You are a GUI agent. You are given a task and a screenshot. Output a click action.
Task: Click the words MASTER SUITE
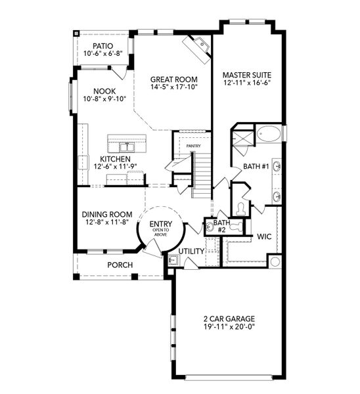point(246,74)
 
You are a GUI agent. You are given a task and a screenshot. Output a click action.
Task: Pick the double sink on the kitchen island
point(122,146)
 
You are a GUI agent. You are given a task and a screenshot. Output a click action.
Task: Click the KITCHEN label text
point(115,159)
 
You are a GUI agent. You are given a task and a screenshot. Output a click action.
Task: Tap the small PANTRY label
point(193,146)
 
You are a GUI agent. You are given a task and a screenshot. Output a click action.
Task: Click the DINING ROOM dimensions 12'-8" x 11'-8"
point(107,223)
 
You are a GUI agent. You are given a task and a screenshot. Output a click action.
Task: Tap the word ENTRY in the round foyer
point(160,223)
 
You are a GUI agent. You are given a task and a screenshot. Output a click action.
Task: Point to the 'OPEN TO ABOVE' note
point(160,232)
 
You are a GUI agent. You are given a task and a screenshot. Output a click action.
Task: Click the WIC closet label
point(265,236)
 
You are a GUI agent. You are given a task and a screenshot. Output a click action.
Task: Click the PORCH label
point(120,265)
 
